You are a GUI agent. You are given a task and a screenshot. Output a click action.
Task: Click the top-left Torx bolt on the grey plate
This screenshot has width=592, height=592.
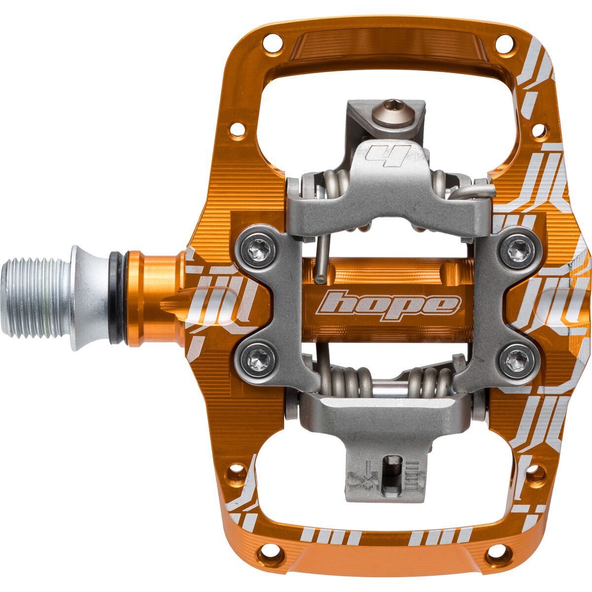click(259, 252)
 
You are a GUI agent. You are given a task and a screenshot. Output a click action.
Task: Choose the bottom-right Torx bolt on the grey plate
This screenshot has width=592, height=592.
click(515, 360)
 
